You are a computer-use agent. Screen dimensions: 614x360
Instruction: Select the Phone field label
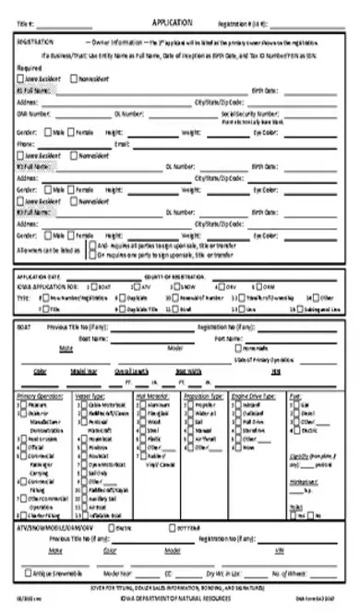click(27, 145)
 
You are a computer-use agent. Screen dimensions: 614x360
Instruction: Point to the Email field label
click(122, 145)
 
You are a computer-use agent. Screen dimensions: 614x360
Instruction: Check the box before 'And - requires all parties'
click(90, 247)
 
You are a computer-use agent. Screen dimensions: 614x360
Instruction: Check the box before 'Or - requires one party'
click(90, 255)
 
